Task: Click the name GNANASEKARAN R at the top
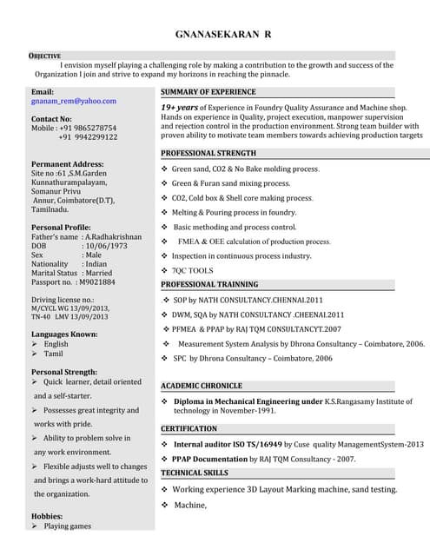point(223,34)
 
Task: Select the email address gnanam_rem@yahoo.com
point(73,101)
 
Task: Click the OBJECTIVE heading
point(45,55)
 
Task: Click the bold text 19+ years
point(182,107)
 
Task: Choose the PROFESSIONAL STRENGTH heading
point(208,153)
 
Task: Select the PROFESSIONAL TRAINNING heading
point(209,285)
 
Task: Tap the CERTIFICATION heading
point(189,428)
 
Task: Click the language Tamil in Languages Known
point(54,354)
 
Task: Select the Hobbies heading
point(47,515)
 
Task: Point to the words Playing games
point(68,526)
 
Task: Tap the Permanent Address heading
point(68,163)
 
